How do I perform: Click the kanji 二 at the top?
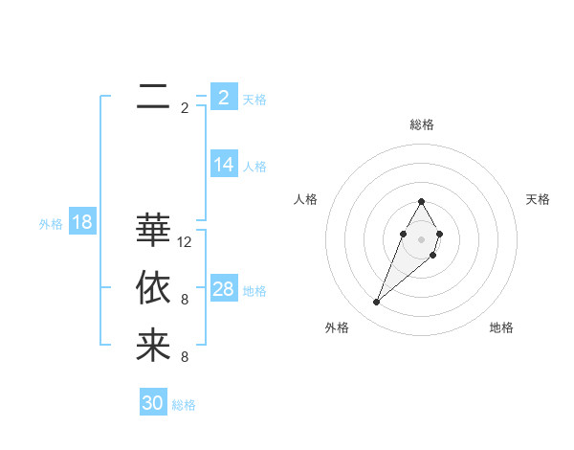point(153,96)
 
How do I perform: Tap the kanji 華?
point(153,230)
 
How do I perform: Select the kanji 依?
point(153,287)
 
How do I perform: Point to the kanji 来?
point(153,345)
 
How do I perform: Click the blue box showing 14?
point(224,165)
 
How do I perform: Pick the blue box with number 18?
point(82,223)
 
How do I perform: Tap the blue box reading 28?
point(224,289)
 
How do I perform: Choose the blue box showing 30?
point(153,403)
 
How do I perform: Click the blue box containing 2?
point(224,97)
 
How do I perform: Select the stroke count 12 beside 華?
point(185,242)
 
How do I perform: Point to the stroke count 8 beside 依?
point(185,300)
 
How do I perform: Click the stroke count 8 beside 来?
point(185,357)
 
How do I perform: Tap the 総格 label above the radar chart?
point(422,124)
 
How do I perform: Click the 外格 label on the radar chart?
point(336,328)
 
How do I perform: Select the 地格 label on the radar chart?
point(501,328)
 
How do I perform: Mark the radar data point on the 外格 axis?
point(377,303)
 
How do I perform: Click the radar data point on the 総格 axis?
point(422,201)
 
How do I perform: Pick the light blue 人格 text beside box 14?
point(254,167)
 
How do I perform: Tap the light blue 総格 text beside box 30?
point(184,405)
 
